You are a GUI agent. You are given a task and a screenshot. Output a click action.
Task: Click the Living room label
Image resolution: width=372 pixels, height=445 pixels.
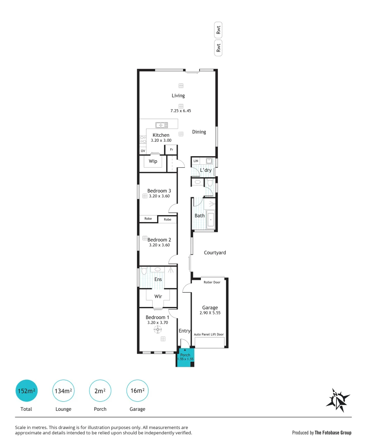click(178, 96)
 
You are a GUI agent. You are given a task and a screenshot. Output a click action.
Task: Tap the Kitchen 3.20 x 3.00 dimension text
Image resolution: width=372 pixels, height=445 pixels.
click(161, 141)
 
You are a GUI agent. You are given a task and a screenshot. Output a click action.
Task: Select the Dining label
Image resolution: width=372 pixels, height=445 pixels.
click(199, 132)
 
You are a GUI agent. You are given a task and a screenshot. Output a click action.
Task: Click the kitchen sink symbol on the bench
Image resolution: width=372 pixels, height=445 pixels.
click(161, 125)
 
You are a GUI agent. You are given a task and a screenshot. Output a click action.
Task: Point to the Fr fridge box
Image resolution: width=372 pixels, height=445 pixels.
click(171, 150)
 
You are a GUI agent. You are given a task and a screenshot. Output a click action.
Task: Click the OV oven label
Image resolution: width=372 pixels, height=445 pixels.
click(143, 151)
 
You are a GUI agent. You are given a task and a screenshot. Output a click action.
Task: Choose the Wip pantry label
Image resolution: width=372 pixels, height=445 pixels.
click(153, 162)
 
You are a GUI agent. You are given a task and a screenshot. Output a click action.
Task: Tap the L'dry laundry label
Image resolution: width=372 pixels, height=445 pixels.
click(206, 170)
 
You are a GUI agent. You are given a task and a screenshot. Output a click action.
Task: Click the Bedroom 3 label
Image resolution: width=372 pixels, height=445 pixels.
click(159, 191)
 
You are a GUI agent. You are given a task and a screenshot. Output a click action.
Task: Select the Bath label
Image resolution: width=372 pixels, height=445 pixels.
click(200, 215)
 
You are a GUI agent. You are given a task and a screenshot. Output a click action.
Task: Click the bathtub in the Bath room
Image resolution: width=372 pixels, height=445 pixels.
click(211, 220)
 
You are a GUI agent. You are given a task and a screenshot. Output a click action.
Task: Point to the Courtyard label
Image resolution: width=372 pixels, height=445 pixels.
click(215, 253)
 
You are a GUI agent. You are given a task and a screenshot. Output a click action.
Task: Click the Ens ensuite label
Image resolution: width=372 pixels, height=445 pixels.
click(158, 279)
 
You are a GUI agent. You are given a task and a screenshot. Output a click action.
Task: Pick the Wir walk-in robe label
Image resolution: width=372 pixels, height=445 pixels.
click(158, 296)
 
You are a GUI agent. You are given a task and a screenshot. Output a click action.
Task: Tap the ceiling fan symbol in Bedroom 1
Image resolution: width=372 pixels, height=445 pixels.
click(158, 329)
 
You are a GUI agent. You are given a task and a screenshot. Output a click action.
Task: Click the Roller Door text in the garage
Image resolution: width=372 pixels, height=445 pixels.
click(212, 282)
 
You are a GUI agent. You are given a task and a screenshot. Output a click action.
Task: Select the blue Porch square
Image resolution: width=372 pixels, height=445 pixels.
click(185, 357)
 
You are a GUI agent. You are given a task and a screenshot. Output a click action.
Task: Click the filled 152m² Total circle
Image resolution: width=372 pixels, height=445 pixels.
click(26, 391)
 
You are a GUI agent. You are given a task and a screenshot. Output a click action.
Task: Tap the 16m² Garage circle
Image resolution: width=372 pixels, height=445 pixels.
click(137, 391)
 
